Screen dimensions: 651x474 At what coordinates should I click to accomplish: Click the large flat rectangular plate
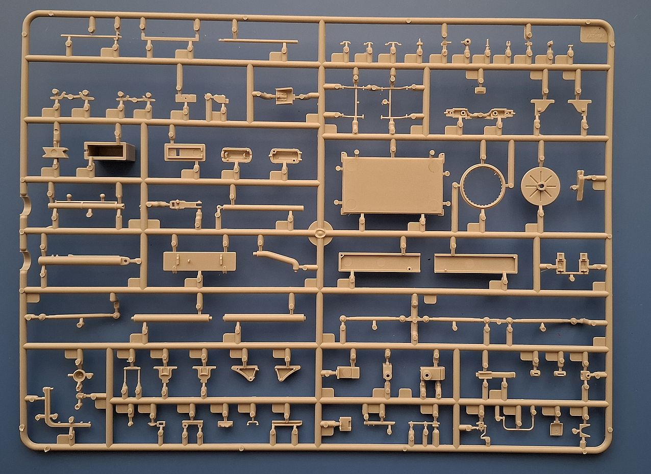click(392, 185)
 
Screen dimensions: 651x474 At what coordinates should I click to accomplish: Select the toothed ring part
click(482, 186)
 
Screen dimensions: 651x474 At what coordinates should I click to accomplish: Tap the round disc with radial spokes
click(540, 186)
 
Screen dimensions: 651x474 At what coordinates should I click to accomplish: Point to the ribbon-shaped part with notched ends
click(55, 152)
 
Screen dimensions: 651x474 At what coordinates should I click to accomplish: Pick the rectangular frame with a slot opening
click(185, 152)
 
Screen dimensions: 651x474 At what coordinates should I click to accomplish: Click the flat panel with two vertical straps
click(199, 261)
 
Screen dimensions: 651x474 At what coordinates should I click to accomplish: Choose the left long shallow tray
click(379, 262)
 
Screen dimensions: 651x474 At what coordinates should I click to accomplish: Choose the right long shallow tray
click(475, 263)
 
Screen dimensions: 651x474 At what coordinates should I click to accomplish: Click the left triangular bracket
click(245, 372)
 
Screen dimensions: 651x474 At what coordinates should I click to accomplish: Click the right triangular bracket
click(287, 372)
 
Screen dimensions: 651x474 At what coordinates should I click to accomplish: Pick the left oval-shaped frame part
click(237, 155)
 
